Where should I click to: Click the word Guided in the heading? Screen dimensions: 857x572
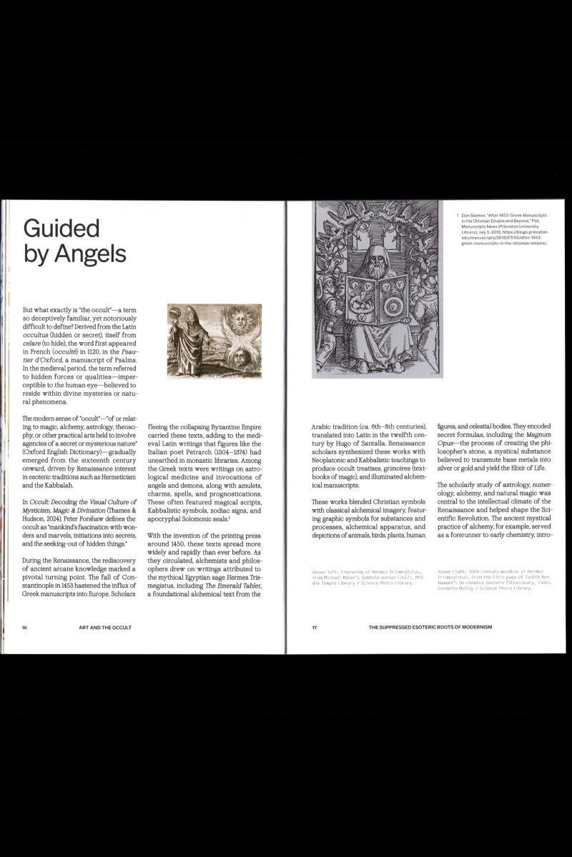click(x=61, y=228)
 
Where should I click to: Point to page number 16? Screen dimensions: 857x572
click(x=24, y=627)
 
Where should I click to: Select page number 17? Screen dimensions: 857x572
click(x=314, y=627)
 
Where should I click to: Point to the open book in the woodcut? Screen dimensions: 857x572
click(x=377, y=301)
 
